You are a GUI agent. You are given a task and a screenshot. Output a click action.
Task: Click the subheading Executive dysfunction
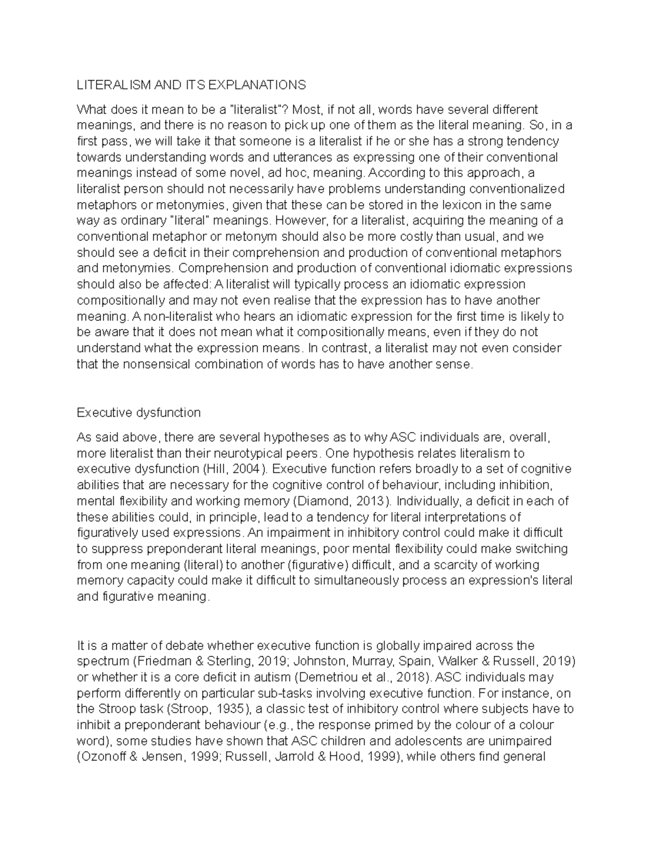point(138,412)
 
